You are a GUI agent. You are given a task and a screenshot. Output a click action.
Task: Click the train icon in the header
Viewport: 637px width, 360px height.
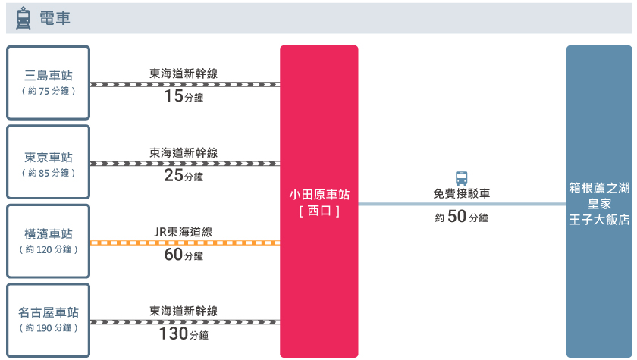[x=24, y=18]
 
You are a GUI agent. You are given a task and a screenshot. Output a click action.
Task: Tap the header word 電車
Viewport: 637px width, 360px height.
[x=55, y=18]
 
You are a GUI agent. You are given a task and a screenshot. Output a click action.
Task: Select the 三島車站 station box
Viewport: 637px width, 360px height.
[x=49, y=83]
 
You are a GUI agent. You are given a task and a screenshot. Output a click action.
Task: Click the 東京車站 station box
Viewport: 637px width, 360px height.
[x=49, y=162]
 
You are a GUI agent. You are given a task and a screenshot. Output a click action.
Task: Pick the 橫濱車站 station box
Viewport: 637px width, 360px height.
[x=49, y=241]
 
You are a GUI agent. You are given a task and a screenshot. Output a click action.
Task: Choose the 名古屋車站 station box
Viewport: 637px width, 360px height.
[x=49, y=321]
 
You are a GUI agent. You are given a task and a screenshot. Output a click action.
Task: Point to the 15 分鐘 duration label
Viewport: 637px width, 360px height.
[x=184, y=96]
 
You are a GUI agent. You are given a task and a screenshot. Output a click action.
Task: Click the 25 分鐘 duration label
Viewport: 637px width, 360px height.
[x=184, y=176]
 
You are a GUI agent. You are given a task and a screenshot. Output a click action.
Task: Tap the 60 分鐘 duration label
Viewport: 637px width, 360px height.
[x=184, y=255]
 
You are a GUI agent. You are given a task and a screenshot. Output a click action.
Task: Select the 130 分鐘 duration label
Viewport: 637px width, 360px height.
[x=184, y=334]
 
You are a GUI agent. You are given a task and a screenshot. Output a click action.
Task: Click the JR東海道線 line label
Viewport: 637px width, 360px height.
[x=184, y=232]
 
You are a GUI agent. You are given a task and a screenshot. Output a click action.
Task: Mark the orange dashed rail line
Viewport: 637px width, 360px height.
[x=185, y=243]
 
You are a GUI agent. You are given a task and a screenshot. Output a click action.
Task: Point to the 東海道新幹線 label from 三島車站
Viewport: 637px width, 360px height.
[x=184, y=74]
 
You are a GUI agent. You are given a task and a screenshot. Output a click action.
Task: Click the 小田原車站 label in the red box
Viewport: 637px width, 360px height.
[x=319, y=195]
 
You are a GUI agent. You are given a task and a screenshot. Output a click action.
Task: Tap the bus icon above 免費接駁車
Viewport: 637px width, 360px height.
[x=462, y=178]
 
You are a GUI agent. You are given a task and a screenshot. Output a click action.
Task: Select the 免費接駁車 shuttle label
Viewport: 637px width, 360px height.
[x=462, y=193]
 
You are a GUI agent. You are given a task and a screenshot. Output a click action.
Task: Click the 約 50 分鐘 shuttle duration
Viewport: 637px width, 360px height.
[x=462, y=217]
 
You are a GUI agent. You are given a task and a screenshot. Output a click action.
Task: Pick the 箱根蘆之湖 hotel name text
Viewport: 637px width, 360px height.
[x=599, y=188]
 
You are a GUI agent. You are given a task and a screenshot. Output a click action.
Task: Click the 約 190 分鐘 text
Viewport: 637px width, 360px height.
[x=49, y=328]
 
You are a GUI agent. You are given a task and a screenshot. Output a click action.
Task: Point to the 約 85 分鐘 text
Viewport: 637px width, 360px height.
[x=49, y=173]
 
